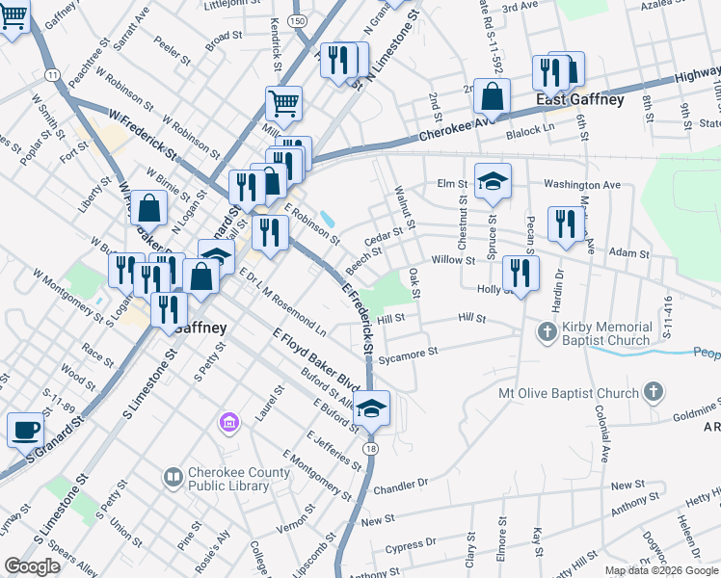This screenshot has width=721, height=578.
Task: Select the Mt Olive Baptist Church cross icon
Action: (x=654, y=391)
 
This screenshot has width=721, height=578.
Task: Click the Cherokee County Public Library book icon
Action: (x=173, y=476)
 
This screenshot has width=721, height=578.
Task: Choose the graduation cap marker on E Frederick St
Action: (x=371, y=407)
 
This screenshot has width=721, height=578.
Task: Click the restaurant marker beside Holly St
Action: (x=521, y=273)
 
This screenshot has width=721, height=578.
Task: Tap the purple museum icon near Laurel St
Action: (x=229, y=422)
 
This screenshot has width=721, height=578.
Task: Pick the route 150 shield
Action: (x=303, y=19)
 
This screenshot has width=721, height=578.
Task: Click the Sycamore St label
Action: (x=408, y=352)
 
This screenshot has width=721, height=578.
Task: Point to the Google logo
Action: (x=32, y=566)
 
